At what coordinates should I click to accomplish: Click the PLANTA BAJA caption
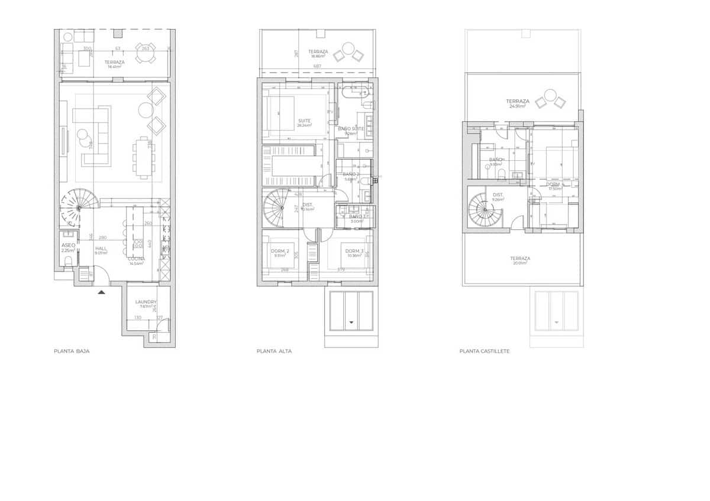(x=72, y=351)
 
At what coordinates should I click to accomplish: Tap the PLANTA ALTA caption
(x=274, y=351)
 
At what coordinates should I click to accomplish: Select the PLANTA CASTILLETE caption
(x=484, y=351)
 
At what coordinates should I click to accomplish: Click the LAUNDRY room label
(x=146, y=302)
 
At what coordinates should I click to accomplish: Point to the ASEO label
(x=68, y=245)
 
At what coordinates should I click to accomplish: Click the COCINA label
(x=137, y=259)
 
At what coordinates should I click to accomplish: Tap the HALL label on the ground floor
(x=101, y=249)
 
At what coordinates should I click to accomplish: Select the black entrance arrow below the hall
(x=102, y=291)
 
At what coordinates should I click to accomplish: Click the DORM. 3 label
(x=354, y=251)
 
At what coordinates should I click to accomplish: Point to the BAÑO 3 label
(x=356, y=217)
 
